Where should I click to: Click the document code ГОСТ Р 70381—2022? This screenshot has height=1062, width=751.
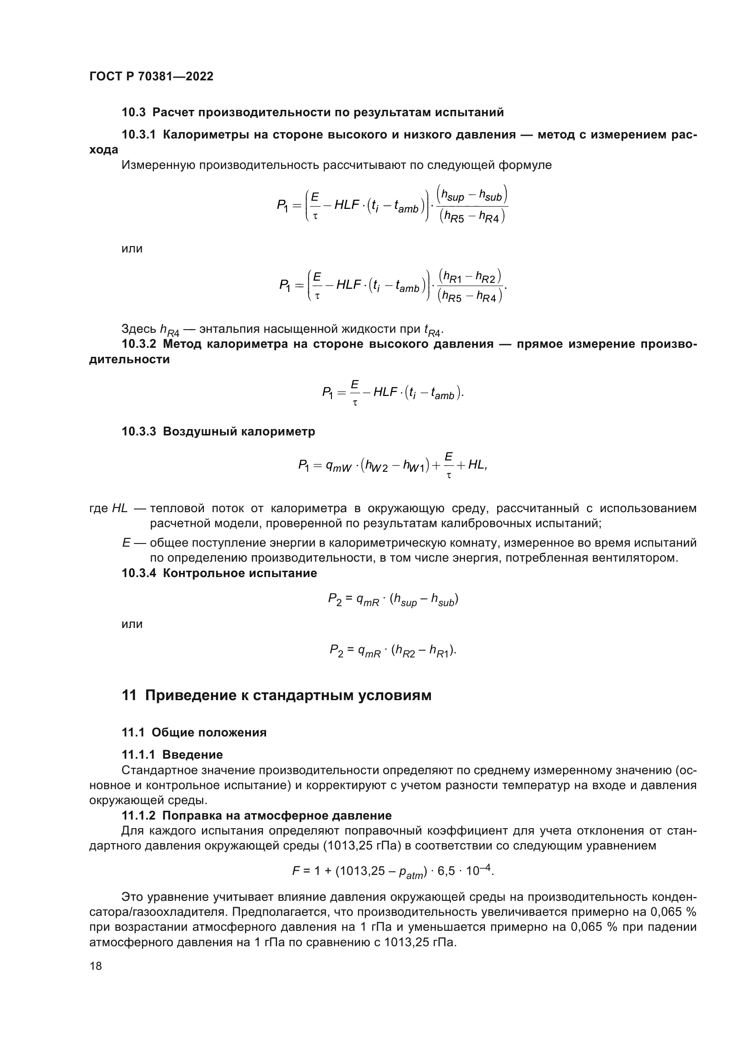coord(151,77)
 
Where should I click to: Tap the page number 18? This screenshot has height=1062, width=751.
coord(96,966)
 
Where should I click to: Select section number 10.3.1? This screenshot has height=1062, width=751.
coord(139,135)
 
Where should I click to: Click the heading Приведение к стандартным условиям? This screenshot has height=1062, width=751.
coord(288,696)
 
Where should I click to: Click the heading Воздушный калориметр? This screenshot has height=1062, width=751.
coord(239,431)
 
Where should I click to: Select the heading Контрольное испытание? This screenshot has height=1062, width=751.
coord(240,573)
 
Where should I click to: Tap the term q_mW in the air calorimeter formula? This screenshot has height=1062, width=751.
coord(339,466)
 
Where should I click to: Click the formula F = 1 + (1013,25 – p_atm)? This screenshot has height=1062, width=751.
coord(393,872)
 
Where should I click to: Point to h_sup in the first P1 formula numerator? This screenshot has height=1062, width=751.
coord(452,196)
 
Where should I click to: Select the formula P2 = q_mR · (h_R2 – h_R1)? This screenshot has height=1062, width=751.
coord(393,650)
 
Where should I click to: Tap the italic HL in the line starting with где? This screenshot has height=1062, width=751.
coord(120,509)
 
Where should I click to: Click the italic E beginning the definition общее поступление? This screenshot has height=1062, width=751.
coord(126,543)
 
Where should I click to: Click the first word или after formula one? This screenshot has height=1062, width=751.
coord(132,249)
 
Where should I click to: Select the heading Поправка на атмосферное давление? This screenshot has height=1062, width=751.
coord(277,815)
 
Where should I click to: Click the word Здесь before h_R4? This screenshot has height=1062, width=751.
coord(138,329)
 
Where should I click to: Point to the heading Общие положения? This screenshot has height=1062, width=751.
coord(209,732)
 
